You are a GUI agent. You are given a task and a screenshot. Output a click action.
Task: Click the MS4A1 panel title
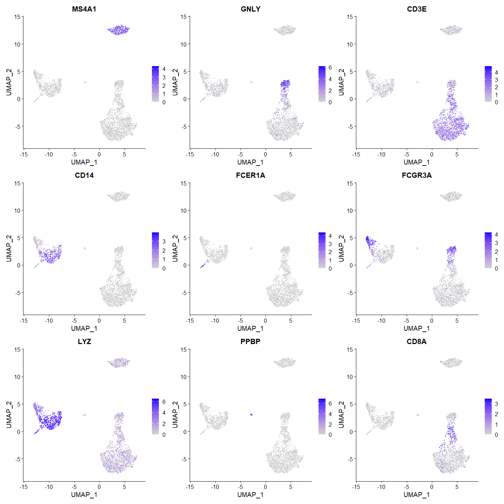tap(84, 9)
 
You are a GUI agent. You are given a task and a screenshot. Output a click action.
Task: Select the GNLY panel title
tap(251, 9)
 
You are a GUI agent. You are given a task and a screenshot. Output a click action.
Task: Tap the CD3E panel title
tap(416, 9)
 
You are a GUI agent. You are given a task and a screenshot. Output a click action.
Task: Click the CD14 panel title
tap(84, 175)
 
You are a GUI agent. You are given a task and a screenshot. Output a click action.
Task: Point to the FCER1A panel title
tap(251, 175)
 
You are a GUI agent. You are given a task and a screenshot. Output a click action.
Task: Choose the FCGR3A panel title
tap(416, 175)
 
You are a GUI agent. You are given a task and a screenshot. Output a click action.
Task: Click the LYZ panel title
tap(84, 342)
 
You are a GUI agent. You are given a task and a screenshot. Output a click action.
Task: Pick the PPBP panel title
tap(251, 342)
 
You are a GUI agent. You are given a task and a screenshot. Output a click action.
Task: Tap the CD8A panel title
tap(416, 342)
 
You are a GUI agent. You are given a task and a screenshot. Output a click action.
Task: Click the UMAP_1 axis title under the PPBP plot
tap(251, 495)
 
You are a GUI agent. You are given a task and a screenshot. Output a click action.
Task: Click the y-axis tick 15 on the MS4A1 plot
tap(17, 17)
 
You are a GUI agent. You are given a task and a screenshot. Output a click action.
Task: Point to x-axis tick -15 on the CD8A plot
tap(356, 487)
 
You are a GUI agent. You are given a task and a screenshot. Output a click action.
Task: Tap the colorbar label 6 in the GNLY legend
tap(330, 68)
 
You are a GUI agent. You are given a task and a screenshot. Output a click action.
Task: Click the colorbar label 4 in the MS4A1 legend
tap(164, 69)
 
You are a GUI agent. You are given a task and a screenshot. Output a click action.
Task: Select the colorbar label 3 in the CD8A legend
tap(496, 404)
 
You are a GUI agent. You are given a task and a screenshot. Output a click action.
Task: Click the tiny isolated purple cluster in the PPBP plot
tap(251, 415)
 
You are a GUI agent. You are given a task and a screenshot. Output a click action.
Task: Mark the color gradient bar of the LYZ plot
tap(155, 416)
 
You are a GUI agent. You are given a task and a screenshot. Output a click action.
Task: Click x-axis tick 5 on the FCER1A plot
tap(290, 321)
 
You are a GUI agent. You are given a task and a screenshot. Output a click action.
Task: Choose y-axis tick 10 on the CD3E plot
tap(350, 44)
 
